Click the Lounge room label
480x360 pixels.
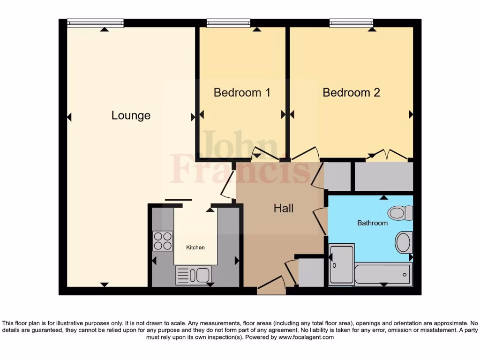click(x=131, y=115)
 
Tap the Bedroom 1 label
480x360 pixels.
click(x=242, y=92)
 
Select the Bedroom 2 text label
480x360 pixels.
click(x=351, y=92)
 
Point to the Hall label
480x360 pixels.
click(x=284, y=208)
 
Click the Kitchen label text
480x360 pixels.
click(x=195, y=247)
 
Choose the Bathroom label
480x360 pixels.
click(x=372, y=223)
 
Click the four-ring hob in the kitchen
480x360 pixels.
click(x=163, y=241)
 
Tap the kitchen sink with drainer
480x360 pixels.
click(x=194, y=275)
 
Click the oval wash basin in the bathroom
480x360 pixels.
click(x=404, y=242)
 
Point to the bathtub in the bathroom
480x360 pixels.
click(x=383, y=274)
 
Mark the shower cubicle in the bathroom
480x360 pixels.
click(x=341, y=265)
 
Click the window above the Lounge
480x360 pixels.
click(x=95, y=23)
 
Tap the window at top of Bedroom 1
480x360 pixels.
click(x=228, y=23)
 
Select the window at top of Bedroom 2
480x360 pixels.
click(x=351, y=23)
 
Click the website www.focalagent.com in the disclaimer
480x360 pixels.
click(x=306, y=337)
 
